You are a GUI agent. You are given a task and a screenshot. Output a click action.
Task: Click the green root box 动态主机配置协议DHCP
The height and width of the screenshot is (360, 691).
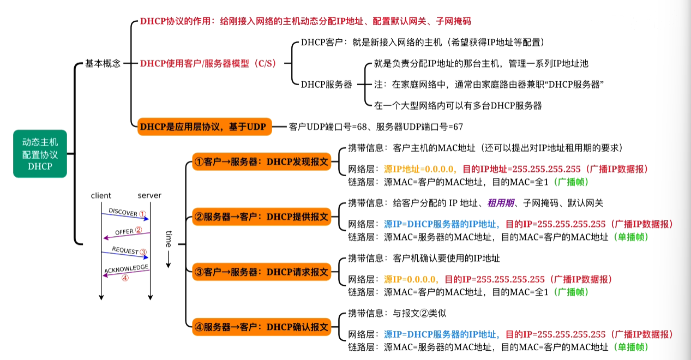click(40, 154)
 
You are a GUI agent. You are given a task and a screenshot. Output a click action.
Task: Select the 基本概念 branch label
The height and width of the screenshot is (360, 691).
click(103, 63)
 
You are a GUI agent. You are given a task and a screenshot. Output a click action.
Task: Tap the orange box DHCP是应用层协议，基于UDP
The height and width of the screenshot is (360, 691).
click(205, 127)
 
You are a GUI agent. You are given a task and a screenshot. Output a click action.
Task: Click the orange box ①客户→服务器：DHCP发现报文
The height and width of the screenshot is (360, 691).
click(262, 161)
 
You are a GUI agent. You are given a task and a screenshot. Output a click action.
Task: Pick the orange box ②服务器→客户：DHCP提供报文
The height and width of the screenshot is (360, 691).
click(262, 217)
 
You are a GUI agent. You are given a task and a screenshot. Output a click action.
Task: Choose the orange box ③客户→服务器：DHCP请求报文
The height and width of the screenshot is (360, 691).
click(262, 272)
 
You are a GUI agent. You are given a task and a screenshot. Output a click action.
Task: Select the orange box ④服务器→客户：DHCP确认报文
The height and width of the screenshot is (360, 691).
click(262, 327)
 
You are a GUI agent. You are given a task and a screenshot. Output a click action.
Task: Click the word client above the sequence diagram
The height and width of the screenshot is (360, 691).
click(101, 196)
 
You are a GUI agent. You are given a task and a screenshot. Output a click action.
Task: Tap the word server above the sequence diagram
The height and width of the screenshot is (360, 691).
click(149, 196)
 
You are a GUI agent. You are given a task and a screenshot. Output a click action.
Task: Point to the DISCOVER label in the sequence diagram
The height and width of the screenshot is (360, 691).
click(123, 212)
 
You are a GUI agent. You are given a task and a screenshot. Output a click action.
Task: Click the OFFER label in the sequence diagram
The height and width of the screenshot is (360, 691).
click(124, 232)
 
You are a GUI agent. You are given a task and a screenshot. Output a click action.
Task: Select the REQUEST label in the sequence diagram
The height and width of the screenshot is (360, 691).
click(125, 250)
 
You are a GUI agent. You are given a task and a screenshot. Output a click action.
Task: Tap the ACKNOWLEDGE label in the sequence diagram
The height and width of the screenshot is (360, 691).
click(126, 269)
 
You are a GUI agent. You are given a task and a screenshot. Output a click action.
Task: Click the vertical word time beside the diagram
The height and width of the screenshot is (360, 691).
click(169, 239)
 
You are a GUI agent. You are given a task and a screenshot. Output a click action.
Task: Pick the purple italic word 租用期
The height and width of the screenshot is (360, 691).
click(501, 203)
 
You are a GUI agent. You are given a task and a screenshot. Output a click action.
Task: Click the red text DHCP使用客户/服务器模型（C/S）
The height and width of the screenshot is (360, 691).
click(208, 63)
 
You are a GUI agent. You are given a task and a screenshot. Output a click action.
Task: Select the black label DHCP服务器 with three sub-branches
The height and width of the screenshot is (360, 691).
click(326, 84)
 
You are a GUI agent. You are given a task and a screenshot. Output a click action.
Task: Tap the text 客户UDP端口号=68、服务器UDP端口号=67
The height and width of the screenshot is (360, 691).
click(376, 127)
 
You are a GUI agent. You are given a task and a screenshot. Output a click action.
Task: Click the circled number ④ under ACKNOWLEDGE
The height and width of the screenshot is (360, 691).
click(125, 278)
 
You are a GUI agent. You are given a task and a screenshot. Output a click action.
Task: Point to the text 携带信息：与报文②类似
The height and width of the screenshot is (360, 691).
click(398, 313)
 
